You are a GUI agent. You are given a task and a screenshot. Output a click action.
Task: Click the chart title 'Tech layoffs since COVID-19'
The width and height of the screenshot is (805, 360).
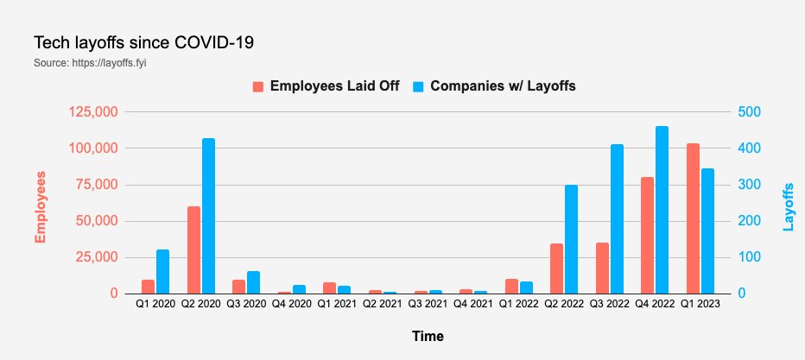tap(143, 42)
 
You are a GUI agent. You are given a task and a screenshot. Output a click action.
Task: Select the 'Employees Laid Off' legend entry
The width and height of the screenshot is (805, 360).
tap(326, 86)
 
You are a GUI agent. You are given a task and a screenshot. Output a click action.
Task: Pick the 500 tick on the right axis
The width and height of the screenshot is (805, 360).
tap(748, 112)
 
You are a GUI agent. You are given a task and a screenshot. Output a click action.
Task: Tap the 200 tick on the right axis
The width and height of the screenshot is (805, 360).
tap(748, 221)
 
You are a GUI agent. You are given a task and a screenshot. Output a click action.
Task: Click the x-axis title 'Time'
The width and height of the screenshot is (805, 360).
tap(428, 334)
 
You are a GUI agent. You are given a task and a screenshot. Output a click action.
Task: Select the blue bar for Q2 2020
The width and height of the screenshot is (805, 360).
tap(208, 216)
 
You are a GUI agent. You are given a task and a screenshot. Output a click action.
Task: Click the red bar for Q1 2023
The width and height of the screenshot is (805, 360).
tap(693, 218)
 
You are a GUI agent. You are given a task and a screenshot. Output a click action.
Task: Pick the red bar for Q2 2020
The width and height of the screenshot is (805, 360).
tap(193, 250)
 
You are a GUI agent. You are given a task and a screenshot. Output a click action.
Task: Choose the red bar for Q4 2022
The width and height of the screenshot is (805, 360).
tap(647, 235)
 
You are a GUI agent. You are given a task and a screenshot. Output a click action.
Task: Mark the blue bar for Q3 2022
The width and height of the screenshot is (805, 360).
tap(617, 219)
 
